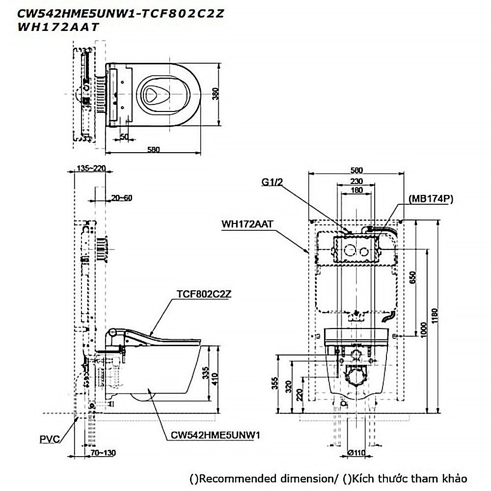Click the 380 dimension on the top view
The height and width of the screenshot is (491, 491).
[x=214, y=93]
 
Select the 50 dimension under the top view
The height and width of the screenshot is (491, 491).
[x=124, y=136]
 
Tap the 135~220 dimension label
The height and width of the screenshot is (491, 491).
[x=91, y=168]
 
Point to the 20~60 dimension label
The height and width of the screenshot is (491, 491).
[x=121, y=198]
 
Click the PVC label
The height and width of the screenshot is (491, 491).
[x=50, y=439]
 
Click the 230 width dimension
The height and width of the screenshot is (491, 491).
[x=356, y=181]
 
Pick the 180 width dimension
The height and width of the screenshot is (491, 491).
[x=356, y=190]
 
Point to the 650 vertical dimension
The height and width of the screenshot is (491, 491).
[x=412, y=278]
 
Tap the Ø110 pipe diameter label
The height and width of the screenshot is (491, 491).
[x=357, y=453]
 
